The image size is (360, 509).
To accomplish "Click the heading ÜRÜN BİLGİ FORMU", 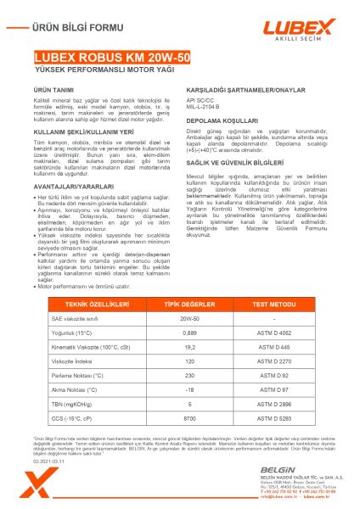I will tap(69, 27).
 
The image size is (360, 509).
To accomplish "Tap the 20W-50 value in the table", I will tap(178, 317).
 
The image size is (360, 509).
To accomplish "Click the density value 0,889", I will tap(178, 333).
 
